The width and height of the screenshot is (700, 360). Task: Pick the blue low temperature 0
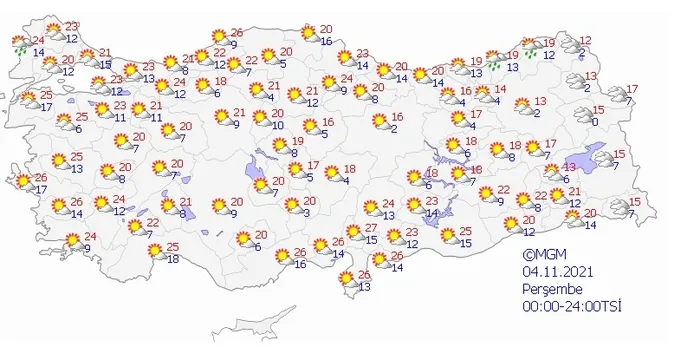coord(594,122)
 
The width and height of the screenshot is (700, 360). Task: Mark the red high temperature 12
coord(586,40)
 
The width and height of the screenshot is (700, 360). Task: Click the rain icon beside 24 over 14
coord(19,44)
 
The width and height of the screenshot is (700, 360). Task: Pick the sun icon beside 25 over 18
coord(151,254)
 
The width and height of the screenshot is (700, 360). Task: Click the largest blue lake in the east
coord(602,156)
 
